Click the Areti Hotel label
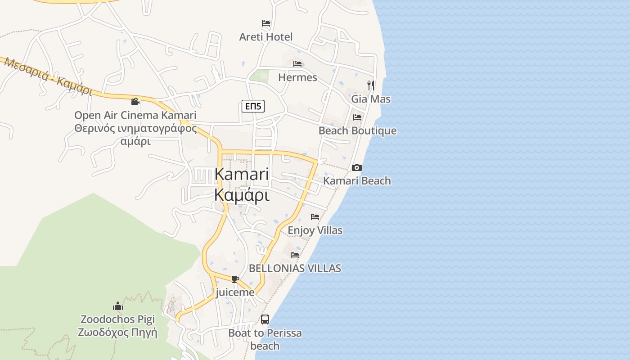(x=265, y=37)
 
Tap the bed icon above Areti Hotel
(x=266, y=23)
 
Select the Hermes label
(x=297, y=77)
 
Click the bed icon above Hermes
(x=297, y=64)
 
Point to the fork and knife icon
(x=371, y=85)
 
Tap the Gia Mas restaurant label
(x=371, y=99)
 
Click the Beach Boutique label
(x=357, y=131)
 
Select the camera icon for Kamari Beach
(x=357, y=167)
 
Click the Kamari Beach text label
(x=357, y=181)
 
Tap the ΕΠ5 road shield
(x=253, y=106)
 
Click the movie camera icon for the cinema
(x=135, y=101)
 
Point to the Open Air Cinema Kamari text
(x=135, y=115)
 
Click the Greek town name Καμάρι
(x=242, y=196)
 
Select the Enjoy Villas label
(x=315, y=230)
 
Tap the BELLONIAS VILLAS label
(x=295, y=269)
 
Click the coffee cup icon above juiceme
(x=235, y=279)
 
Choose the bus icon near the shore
(x=265, y=319)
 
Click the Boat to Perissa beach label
(x=265, y=339)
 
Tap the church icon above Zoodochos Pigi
(x=118, y=306)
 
